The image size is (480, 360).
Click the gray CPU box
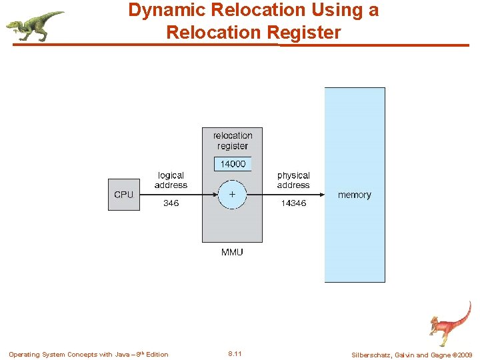point(124,195)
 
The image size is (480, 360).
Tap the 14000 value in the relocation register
point(233,164)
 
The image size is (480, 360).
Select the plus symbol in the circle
point(232,194)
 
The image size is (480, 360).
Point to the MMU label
point(232,252)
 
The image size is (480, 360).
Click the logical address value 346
point(171,203)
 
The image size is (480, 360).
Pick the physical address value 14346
point(293,203)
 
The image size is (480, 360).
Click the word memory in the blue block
point(354,195)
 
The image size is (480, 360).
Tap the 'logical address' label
point(171,181)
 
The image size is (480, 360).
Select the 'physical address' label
point(293,181)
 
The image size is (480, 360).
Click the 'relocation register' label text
point(233,141)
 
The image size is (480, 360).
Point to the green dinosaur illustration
point(35,25)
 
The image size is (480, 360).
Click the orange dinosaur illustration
point(450,323)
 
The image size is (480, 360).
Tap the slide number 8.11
point(235,354)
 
